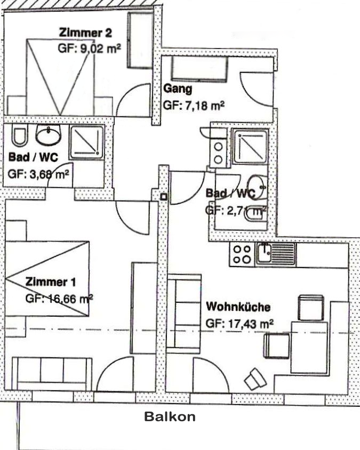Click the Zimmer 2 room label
coord(85,33)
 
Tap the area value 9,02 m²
coord(100,48)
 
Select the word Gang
coord(178,89)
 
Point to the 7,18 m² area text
coord(204,106)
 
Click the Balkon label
coord(170,416)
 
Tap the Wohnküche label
coord(238,307)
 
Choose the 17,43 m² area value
coord(250,324)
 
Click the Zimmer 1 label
coord(51,282)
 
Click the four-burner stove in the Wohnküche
coord(242,254)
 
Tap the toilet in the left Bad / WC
coord(19,136)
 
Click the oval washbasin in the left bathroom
coord(48,135)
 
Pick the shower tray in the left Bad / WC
coord(87,142)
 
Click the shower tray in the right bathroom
coord(250,147)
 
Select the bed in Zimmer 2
coord(60,77)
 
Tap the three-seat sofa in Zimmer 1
coord(52,373)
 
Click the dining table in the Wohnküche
coord(309,348)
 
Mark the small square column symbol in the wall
coord(164,197)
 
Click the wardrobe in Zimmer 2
coord(140,40)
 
